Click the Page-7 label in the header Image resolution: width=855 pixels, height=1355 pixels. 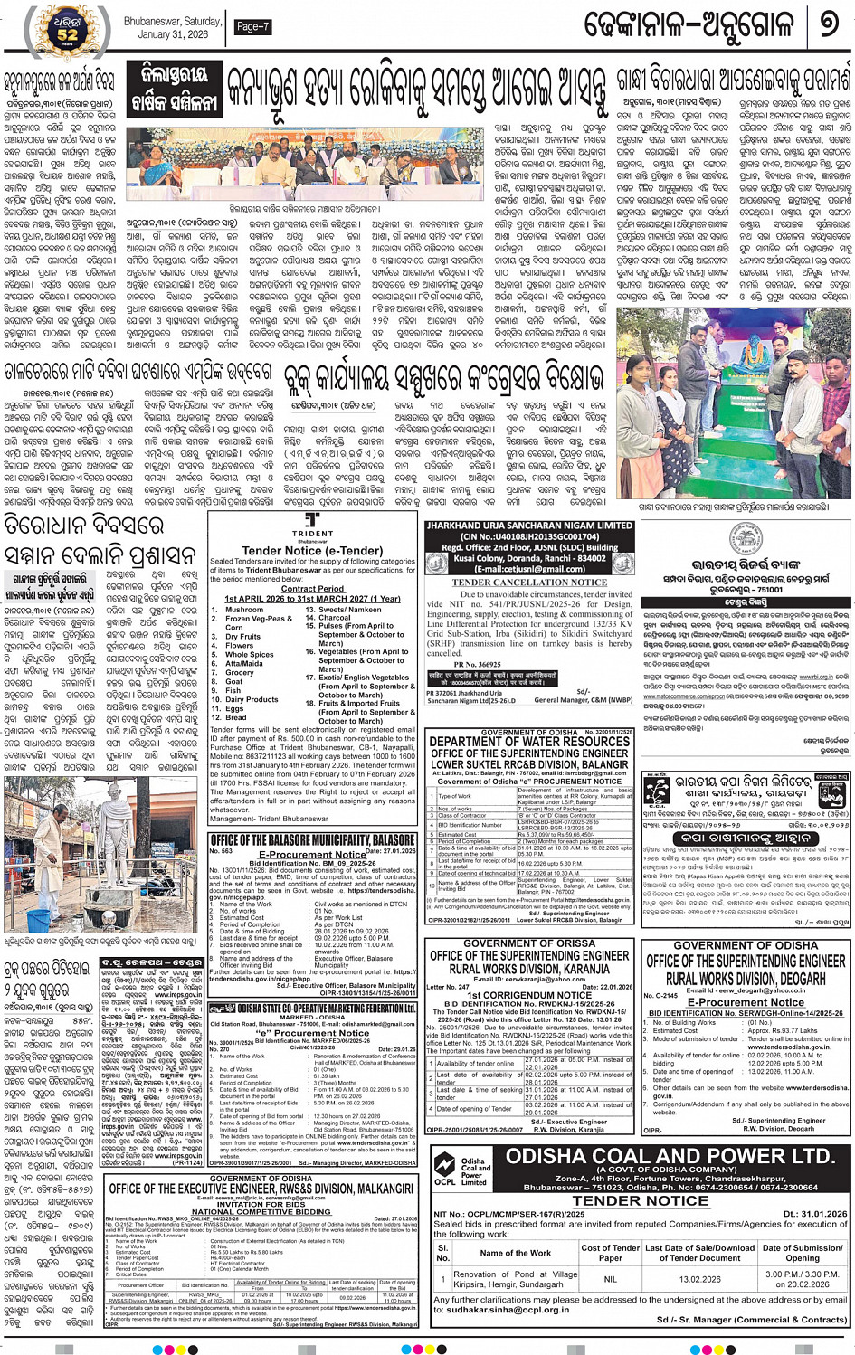point(252,27)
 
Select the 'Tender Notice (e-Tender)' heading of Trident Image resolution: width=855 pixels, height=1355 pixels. point(312,550)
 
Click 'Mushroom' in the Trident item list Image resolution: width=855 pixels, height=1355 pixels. point(243,610)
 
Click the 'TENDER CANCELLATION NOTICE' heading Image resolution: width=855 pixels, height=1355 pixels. point(529,583)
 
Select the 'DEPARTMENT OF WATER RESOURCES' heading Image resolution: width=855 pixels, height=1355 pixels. point(529,742)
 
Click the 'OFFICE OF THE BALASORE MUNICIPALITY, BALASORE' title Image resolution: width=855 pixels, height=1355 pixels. point(312,840)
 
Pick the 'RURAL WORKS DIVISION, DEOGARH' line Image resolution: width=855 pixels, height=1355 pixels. point(746,978)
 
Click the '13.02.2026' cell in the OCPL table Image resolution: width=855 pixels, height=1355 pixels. point(698,1279)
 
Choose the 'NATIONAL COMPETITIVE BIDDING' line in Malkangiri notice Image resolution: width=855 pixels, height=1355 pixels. point(261,1211)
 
